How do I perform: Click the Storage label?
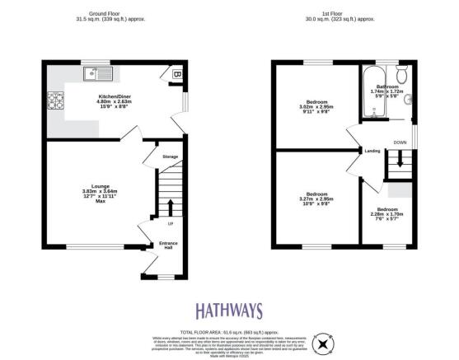point(170,156)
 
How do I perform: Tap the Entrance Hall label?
point(168,245)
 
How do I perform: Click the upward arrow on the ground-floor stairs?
point(171,206)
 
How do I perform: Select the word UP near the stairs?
point(171,224)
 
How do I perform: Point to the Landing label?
point(372,151)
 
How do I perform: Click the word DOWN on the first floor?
point(400,142)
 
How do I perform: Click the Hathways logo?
point(229,311)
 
